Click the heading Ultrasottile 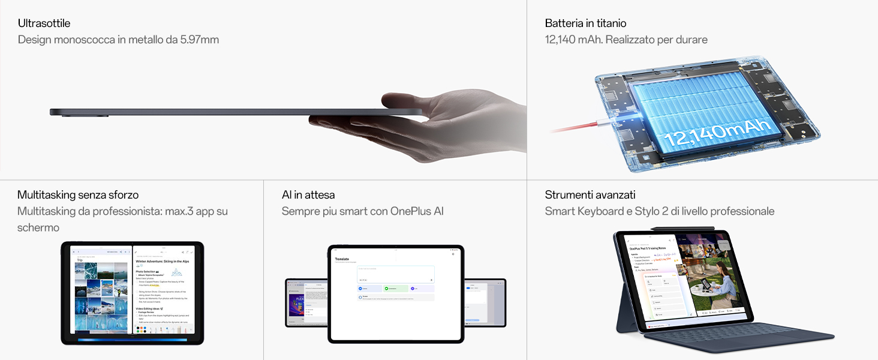coord(44,23)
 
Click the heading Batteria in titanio coord(585,23)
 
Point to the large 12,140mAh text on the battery coord(717,134)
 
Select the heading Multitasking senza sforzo coord(78,195)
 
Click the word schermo coord(38,227)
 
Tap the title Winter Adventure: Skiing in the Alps coord(163,262)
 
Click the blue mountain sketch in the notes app coord(177,272)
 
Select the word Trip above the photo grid coord(80,260)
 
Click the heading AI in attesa coord(308,195)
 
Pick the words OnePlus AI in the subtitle coord(417,211)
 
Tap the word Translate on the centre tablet coord(342,259)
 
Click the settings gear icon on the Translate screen coord(453,254)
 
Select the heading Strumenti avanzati coord(590,195)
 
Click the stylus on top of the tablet coord(684,228)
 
